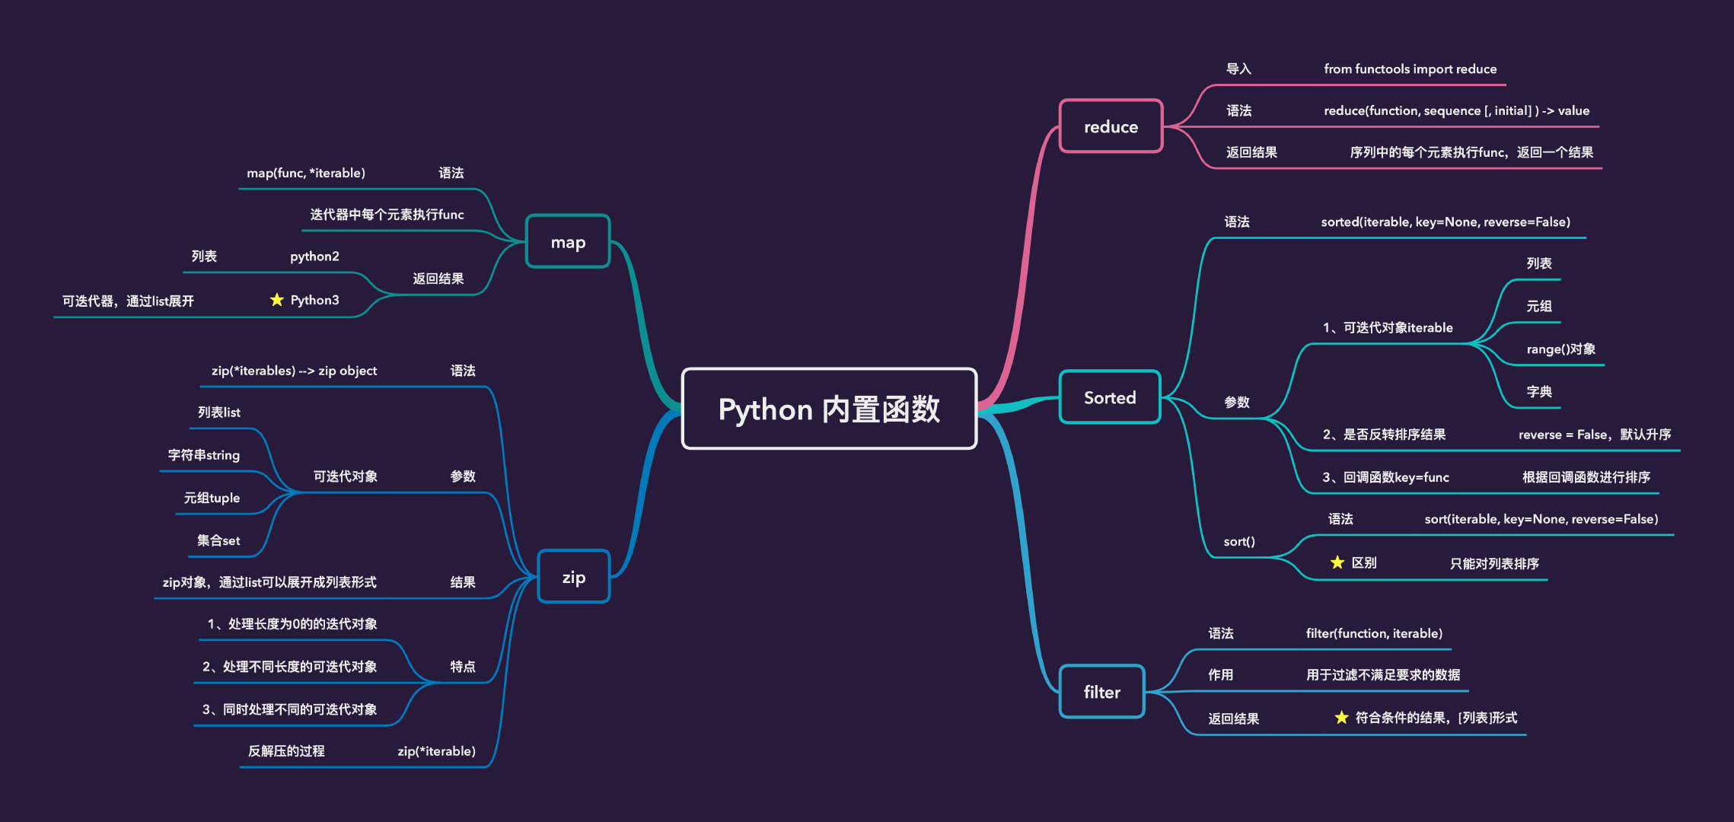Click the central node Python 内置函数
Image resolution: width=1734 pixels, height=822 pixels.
tap(829, 409)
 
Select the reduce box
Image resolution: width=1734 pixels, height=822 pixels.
tap(1111, 126)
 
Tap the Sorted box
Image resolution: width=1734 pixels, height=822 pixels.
tap(1109, 397)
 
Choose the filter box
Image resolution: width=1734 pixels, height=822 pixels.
tap(1101, 692)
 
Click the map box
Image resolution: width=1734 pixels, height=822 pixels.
tap(568, 242)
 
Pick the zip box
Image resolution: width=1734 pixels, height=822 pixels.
tap(573, 577)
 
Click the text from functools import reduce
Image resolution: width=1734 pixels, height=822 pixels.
tap(1410, 69)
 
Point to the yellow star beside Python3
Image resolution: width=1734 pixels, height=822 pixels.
tap(277, 300)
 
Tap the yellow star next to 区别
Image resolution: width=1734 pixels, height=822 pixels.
tap(1337, 562)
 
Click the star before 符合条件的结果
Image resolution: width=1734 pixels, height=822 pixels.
tap(1341, 718)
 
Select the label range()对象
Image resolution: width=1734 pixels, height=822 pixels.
tap(1560, 349)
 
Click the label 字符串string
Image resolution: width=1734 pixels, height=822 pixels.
tap(203, 455)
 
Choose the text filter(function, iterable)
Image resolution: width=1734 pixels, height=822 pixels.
tap(1374, 633)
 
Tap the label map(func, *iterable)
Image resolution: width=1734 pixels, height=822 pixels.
tap(306, 174)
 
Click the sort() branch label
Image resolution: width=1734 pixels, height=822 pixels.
tap(1238, 542)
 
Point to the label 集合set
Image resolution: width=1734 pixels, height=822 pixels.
tap(218, 540)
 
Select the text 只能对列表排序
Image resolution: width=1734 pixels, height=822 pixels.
tap(1493, 564)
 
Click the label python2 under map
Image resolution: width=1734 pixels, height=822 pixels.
tap(314, 256)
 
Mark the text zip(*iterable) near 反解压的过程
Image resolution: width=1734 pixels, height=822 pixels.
tap(436, 751)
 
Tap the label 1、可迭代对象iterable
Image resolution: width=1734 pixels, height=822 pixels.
tap(1387, 328)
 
